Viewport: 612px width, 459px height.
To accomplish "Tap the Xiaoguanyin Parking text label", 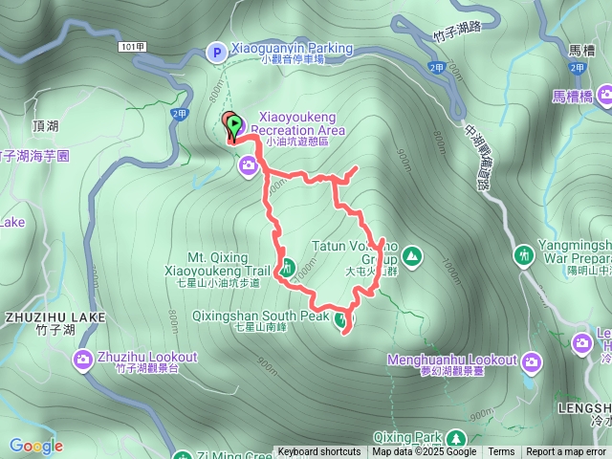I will pyautogui.click(x=292, y=48).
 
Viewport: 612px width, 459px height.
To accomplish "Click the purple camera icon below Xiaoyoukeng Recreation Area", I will pyautogui.click(x=249, y=167).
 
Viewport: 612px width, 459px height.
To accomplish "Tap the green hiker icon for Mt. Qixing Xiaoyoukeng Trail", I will pyautogui.click(x=285, y=266).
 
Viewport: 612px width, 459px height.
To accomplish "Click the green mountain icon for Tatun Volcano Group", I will pyautogui.click(x=411, y=255).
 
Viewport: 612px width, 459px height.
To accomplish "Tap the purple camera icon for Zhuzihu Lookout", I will pyautogui.click(x=83, y=360).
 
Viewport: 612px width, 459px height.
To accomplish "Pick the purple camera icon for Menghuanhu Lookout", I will pyautogui.click(x=531, y=361).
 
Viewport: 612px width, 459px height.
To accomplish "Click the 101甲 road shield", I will pyautogui.click(x=133, y=46).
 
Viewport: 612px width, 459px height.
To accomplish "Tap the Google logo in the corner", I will pyautogui.click(x=36, y=446).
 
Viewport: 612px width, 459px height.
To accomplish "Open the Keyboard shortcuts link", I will pyautogui.click(x=319, y=452).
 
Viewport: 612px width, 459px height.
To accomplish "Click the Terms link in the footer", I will pyautogui.click(x=501, y=452).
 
